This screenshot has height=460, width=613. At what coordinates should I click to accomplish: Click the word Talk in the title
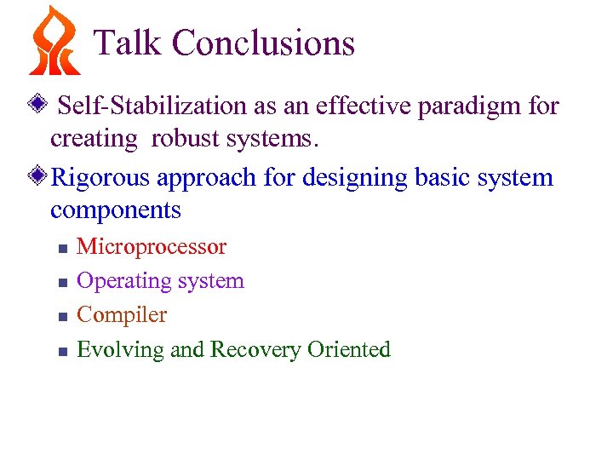(129, 43)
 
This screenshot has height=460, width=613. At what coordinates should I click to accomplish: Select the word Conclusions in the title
(263, 43)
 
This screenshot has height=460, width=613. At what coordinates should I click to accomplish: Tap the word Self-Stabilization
(152, 106)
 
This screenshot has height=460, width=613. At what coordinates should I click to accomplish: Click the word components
(116, 210)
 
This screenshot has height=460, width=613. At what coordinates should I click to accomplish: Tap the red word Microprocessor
(152, 247)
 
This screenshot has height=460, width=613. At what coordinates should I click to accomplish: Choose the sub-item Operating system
(160, 281)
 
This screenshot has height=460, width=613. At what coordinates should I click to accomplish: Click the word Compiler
(122, 315)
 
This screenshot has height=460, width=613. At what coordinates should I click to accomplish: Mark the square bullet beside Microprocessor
(61, 249)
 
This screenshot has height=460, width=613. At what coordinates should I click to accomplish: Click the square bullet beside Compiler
(61, 316)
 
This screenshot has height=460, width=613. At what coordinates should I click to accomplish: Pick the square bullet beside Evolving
(61, 350)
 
